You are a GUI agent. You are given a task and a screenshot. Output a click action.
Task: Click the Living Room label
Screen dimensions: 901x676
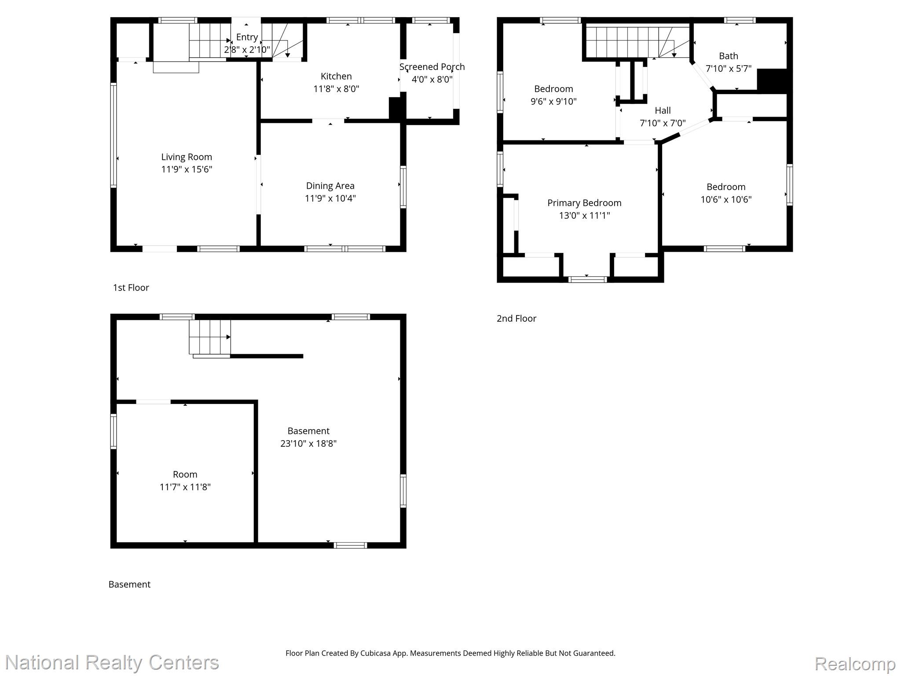[x=187, y=157]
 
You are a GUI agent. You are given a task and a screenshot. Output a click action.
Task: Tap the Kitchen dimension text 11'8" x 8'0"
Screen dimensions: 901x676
[x=336, y=89]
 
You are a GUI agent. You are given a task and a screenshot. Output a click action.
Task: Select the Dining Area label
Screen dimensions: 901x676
[x=330, y=186]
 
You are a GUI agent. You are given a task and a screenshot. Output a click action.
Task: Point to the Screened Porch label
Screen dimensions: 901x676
[x=432, y=67]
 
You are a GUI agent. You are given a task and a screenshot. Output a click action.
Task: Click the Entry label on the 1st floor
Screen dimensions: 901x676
[x=247, y=37]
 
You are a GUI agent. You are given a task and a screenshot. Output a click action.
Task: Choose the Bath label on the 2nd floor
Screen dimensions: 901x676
[x=729, y=56]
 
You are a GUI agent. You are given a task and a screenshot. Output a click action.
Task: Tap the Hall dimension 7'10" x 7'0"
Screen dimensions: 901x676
[x=663, y=123]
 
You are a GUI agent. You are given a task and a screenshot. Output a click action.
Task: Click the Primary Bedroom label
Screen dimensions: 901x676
[x=584, y=203]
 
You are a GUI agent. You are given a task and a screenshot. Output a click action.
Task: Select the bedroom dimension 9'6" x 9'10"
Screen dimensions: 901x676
[x=553, y=102]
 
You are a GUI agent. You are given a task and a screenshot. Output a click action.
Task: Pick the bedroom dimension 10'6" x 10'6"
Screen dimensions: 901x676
[x=726, y=199]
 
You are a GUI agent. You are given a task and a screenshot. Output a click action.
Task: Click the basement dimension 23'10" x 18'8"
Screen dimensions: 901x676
[x=308, y=443]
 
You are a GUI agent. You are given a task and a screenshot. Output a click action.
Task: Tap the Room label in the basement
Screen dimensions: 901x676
[x=185, y=474]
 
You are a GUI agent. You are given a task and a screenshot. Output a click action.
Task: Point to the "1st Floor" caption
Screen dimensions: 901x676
[x=131, y=287]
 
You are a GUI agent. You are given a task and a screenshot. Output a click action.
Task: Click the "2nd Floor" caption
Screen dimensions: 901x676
[x=516, y=318]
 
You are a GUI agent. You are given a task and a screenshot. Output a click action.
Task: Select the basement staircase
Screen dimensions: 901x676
[x=210, y=337]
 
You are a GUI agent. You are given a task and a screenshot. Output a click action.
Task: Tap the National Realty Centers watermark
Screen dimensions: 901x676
[x=112, y=662]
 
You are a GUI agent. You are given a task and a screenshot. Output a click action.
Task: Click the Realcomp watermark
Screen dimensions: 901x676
[x=855, y=664]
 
